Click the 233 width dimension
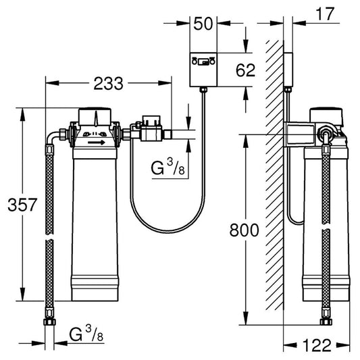pos(109,84)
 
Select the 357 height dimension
pos(14,203)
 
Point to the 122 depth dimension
pos(317,345)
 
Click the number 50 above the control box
pos(203,24)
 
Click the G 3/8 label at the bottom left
pos(86,334)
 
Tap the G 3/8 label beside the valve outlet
pos(169,168)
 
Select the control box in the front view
pos(203,69)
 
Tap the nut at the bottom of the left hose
pos(49,317)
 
